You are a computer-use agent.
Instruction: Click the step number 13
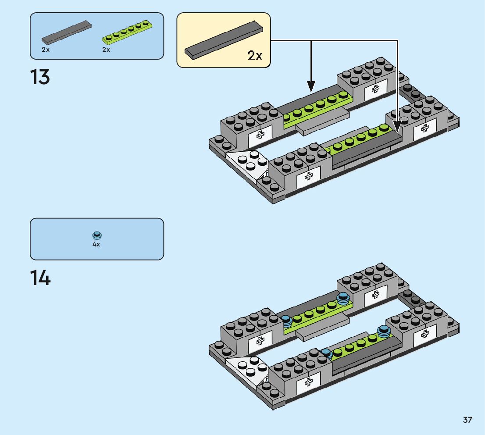[x=40, y=78]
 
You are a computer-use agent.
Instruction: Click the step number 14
[x=40, y=278]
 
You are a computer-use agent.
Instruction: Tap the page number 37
[x=467, y=420]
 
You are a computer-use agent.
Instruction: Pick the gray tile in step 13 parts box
[x=66, y=32]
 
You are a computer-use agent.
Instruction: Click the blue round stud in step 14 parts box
[x=97, y=235]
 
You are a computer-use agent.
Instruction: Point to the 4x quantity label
[x=96, y=244]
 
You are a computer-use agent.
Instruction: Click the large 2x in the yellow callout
[x=255, y=55]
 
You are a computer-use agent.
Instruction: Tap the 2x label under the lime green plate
[x=106, y=50]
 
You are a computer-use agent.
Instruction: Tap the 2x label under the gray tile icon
[x=46, y=50]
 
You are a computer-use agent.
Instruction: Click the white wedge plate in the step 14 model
[x=248, y=367]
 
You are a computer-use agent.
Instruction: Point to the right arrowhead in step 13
[x=397, y=125]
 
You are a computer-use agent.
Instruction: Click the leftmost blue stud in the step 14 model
[x=286, y=321]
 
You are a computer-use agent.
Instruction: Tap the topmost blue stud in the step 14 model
[x=343, y=298]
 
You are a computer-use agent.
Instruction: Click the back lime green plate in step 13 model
[x=316, y=110]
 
